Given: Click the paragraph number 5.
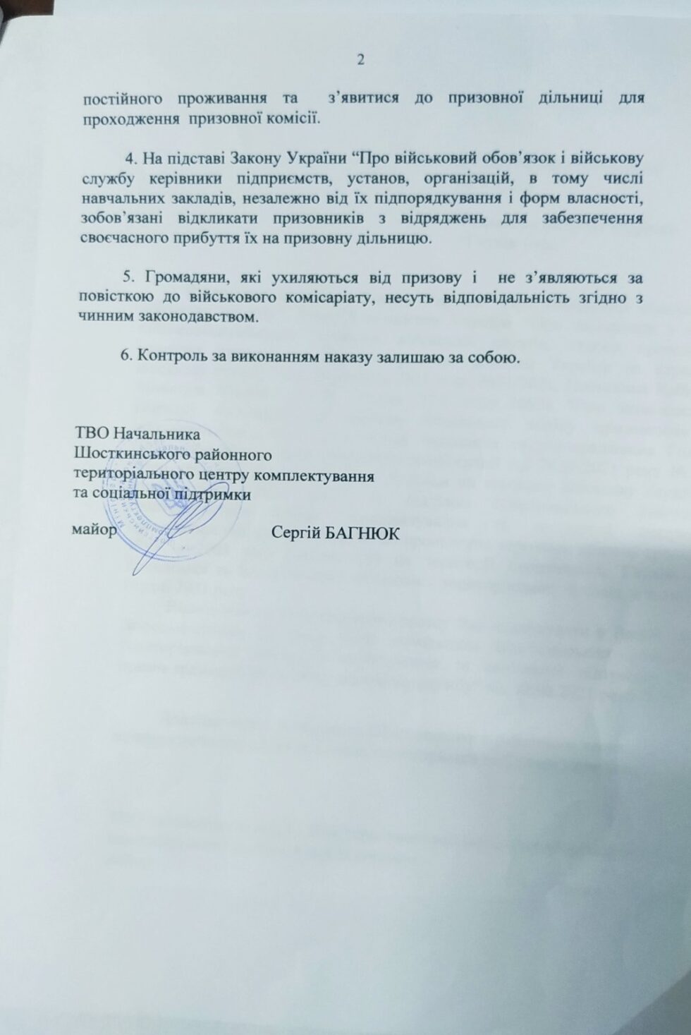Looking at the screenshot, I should [128, 277].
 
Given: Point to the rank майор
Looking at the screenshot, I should [92, 529].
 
